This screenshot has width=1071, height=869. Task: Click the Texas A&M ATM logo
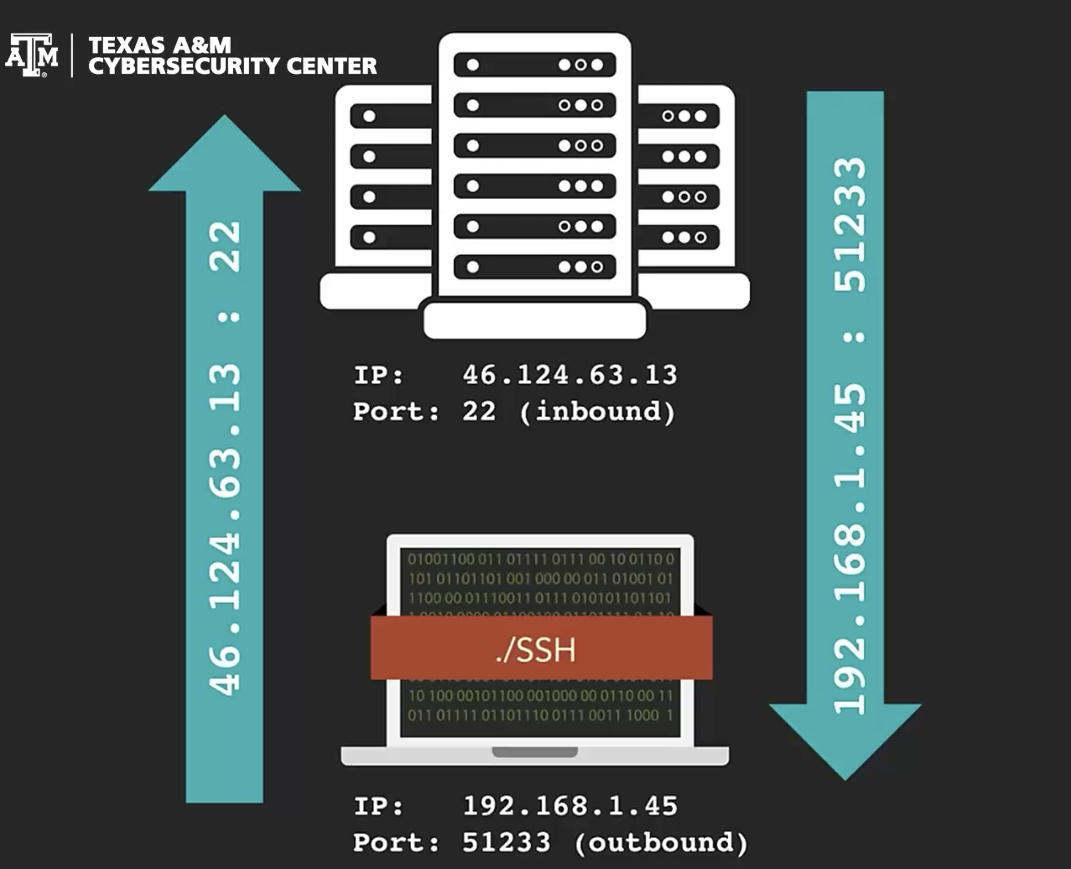click(32, 55)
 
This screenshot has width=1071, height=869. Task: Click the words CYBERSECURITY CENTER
click(232, 66)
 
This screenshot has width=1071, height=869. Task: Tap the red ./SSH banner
click(541, 648)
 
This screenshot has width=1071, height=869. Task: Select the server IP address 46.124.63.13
click(569, 374)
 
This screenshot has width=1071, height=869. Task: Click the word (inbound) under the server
click(597, 412)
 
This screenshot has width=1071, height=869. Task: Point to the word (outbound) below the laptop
click(660, 841)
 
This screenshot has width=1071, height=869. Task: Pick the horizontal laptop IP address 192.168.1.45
click(569, 806)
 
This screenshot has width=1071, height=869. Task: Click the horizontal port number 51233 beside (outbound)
click(507, 841)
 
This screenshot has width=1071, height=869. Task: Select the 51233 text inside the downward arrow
click(849, 224)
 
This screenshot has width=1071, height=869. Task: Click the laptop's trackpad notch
click(534, 752)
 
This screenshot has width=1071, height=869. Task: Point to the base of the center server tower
click(535, 320)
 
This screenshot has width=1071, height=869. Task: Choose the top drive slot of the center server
click(535, 65)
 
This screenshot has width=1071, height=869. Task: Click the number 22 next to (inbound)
click(479, 412)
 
